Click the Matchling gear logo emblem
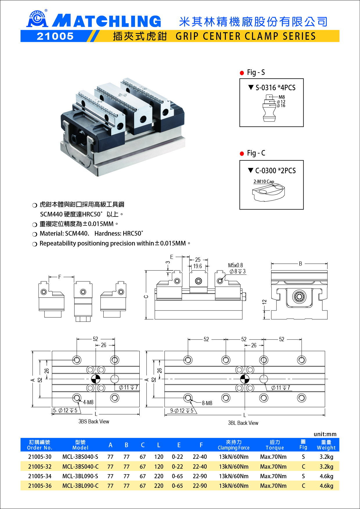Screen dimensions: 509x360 (37, 19)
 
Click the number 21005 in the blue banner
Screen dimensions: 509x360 (55, 36)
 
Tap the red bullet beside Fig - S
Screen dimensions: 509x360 (242, 73)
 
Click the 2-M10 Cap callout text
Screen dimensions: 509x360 (264, 182)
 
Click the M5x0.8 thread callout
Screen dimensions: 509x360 (235, 265)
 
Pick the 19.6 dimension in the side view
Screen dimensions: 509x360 (197, 266)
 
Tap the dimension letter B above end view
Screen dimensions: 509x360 (300, 263)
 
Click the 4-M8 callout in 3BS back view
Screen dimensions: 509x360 (88, 402)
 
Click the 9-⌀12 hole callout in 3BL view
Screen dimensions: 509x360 (182, 411)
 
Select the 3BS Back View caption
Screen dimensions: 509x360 (94, 422)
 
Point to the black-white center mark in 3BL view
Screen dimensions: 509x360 (245, 379)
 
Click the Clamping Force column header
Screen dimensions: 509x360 (234, 445)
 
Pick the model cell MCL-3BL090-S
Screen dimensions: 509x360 (80, 476)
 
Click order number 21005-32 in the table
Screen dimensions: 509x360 (40, 467)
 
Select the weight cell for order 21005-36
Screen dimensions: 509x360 (326, 486)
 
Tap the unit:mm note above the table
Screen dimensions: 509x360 (325, 434)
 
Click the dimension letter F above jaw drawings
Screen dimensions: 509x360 (60, 277)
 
